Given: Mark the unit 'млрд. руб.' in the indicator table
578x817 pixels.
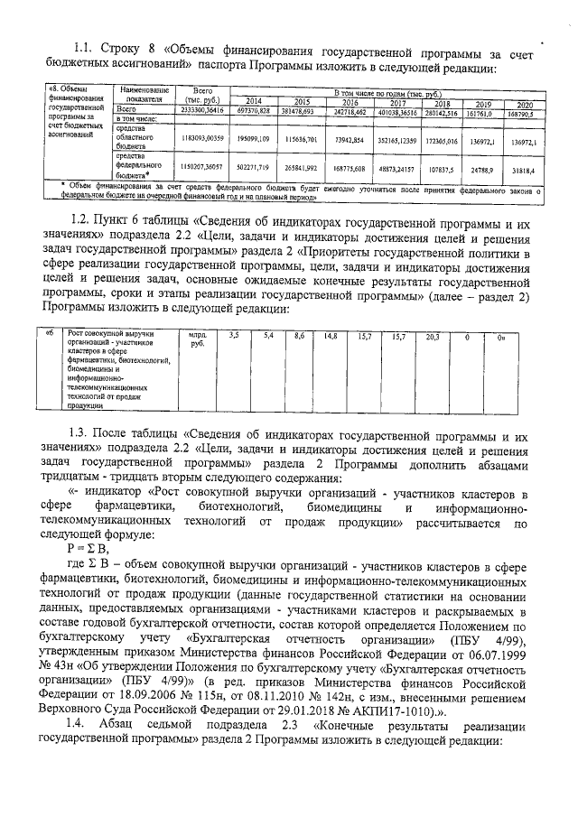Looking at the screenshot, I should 197,339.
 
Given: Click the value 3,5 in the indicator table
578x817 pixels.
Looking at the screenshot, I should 235,336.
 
